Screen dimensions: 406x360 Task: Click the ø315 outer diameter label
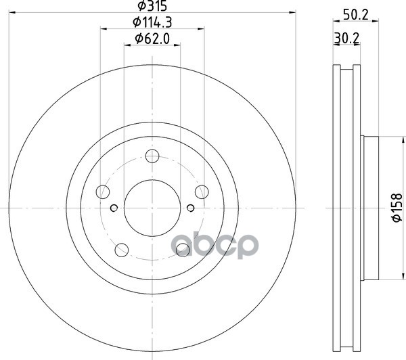pyautogui.click(x=152, y=5)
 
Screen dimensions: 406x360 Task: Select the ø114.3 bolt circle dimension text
pyautogui.click(x=152, y=22)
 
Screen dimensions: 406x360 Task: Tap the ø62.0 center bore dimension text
pyautogui.click(x=152, y=39)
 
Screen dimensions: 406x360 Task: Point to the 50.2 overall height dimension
pyautogui.click(x=355, y=15)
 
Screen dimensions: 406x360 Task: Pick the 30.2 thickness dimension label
pyautogui.click(x=346, y=39)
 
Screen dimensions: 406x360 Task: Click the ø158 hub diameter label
pyautogui.click(x=397, y=208)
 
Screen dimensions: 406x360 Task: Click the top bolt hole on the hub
pyautogui.click(x=152, y=156)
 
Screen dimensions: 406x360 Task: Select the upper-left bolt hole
pyautogui.click(x=103, y=192)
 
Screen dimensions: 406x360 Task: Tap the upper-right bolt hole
pyautogui.click(x=202, y=192)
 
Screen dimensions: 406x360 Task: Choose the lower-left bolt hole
pyautogui.click(x=122, y=250)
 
